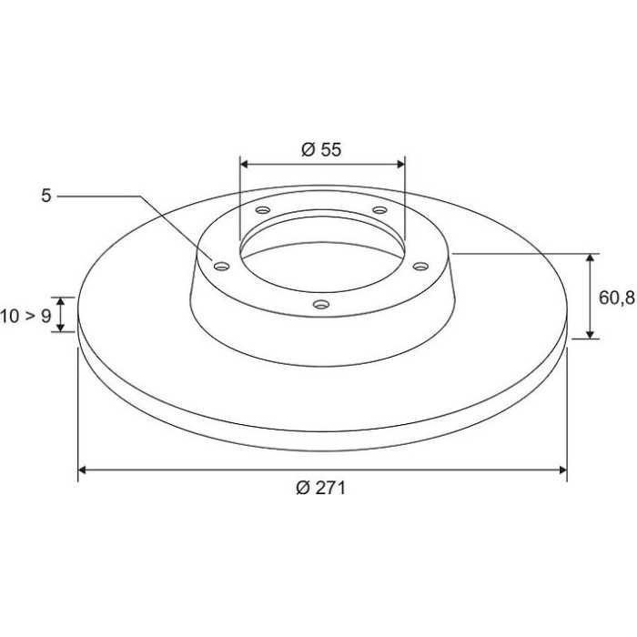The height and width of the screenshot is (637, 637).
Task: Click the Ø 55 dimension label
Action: point(321,150)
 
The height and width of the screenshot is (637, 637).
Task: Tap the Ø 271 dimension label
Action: point(321,488)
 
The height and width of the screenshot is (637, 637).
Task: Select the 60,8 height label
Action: point(617,298)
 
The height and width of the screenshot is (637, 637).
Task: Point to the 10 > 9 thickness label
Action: point(25,316)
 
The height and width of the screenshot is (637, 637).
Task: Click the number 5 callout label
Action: point(46,196)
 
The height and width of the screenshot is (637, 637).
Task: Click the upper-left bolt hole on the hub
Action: point(263,210)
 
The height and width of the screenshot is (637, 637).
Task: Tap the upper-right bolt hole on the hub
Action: point(379,209)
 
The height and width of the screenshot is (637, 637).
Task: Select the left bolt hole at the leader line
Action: point(222,267)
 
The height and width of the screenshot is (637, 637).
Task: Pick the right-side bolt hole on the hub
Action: point(420,266)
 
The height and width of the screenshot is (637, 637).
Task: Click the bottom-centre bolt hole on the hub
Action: point(321,304)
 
